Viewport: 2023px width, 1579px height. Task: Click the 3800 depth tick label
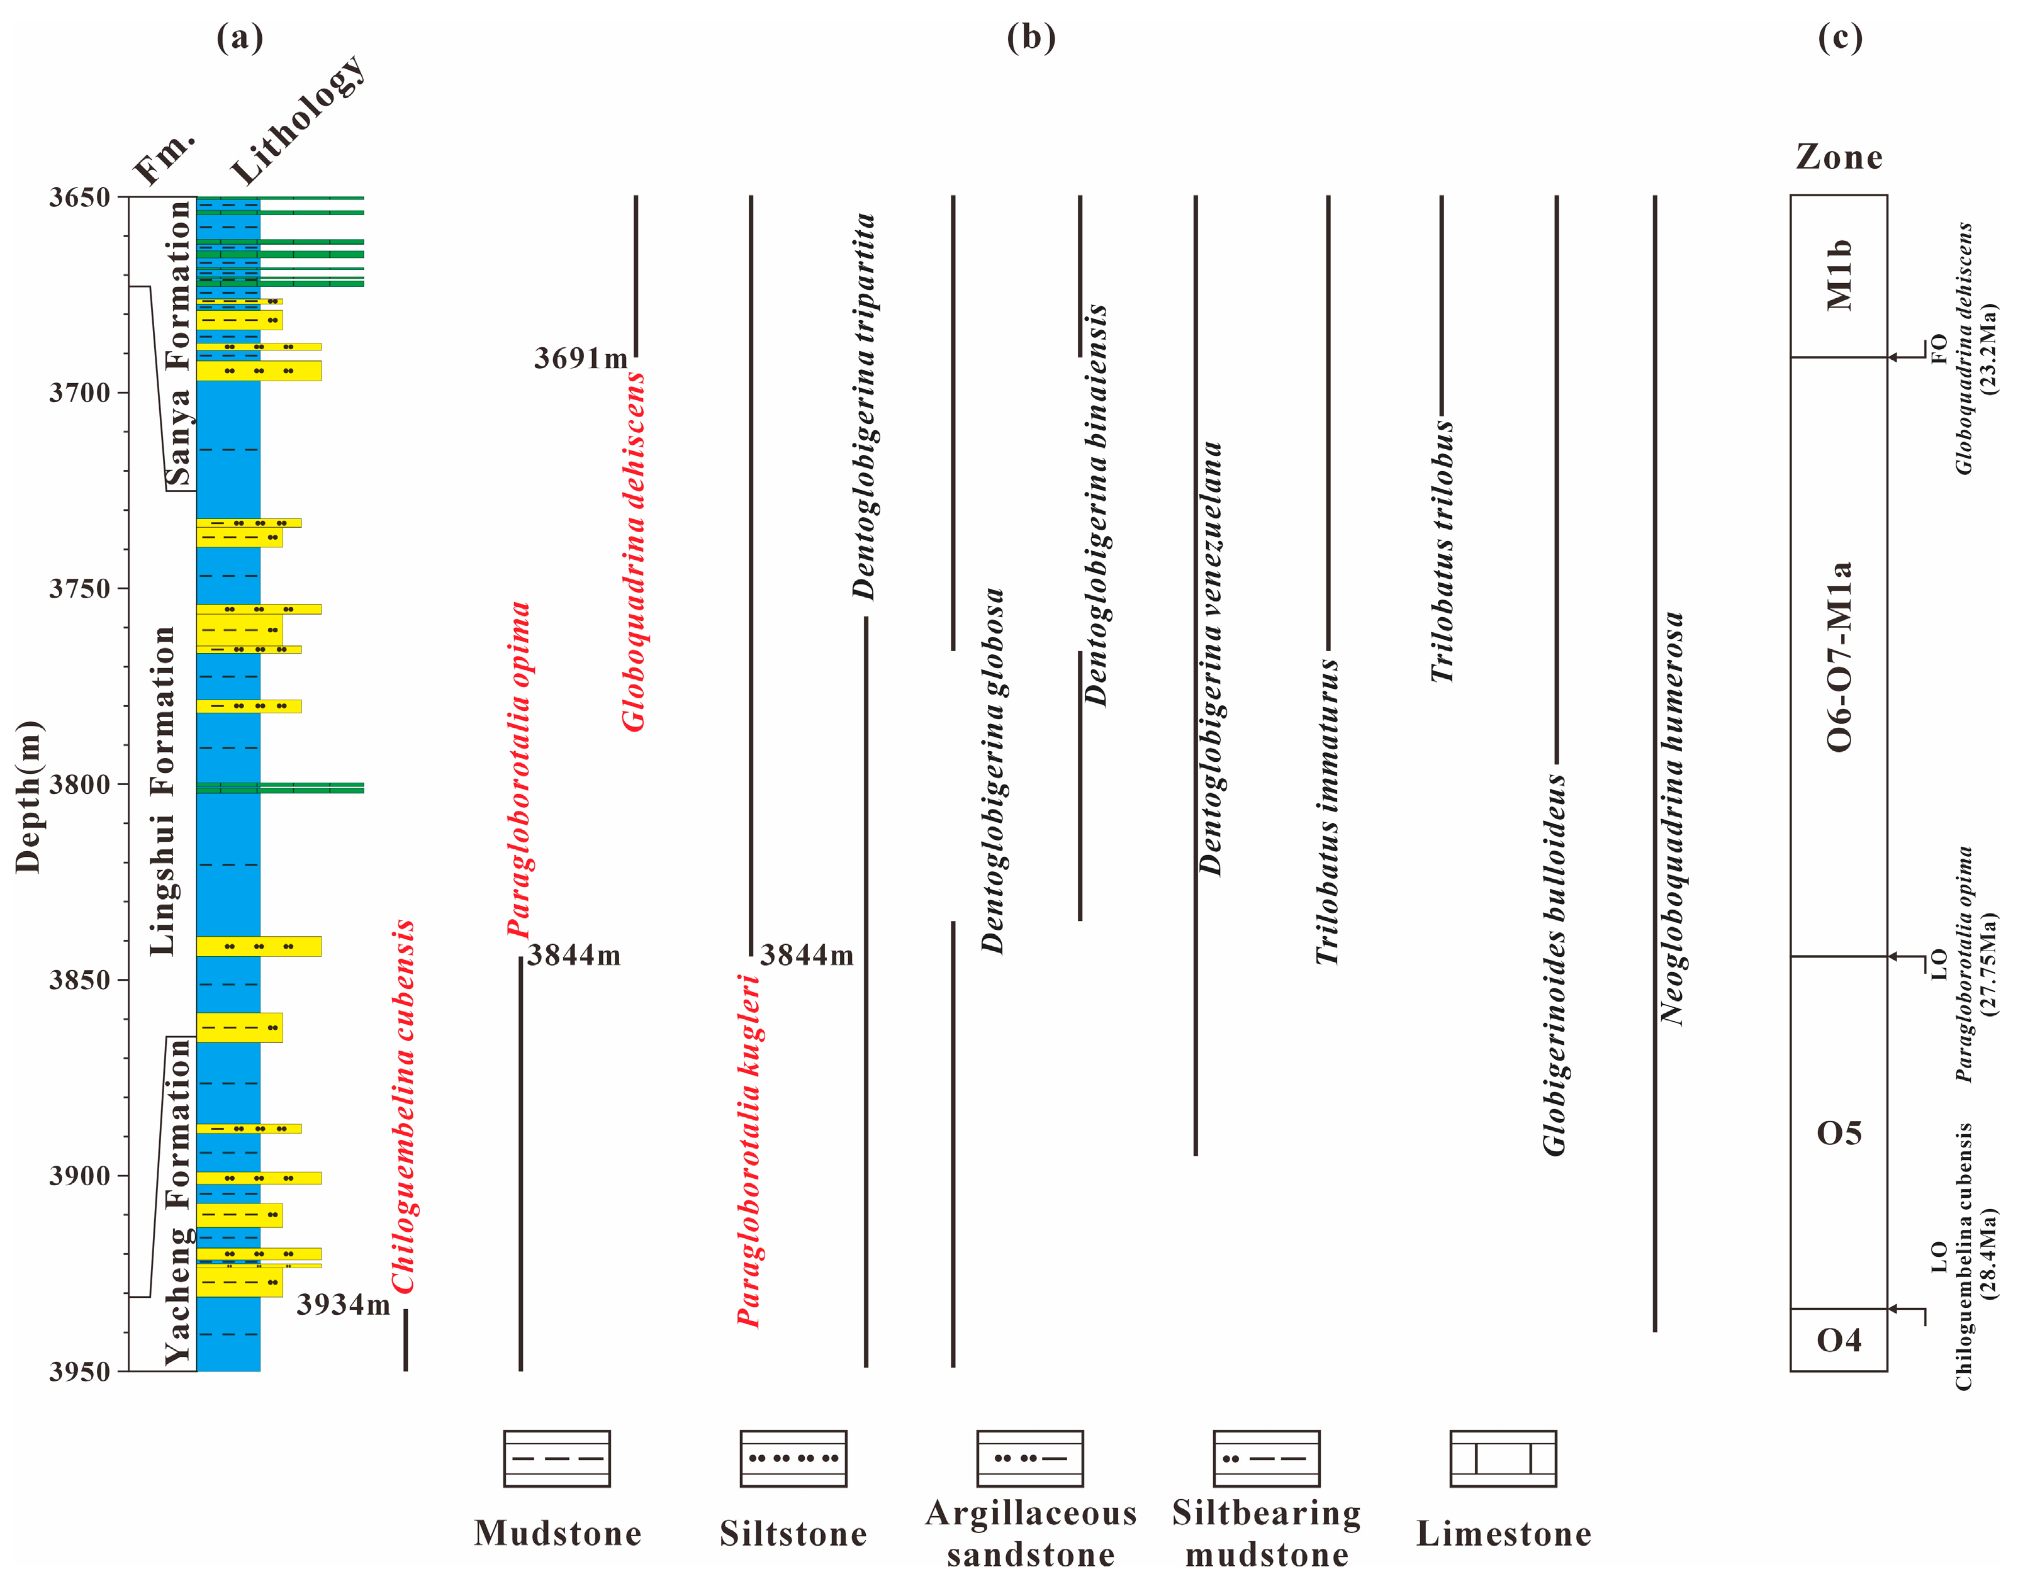[x=79, y=784]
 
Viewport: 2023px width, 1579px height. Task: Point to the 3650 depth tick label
[x=79, y=198]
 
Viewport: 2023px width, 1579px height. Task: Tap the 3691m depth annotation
[x=581, y=359]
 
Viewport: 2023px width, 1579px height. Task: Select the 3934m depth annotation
[x=344, y=1305]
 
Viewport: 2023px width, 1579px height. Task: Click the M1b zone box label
[x=1839, y=275]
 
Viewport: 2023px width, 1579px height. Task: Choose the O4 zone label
[x=1839, y=1340]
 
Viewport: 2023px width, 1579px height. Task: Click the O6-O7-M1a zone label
[x=1839, y=656]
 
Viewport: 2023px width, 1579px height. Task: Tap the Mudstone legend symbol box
[x=557, y=1459]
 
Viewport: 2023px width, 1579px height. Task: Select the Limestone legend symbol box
[x=1503, y=1459]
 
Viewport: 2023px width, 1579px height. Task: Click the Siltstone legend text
[x=794, y=1534]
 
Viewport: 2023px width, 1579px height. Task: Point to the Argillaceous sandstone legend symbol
[x=1030, y=1459]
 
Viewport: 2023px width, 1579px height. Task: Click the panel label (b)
[x=1031, y=38]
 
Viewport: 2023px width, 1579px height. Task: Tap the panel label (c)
[x=1840, y=38]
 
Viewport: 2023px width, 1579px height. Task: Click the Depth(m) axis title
[x=29, y=796]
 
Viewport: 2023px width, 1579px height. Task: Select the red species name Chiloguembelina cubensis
[x=403, y=1107]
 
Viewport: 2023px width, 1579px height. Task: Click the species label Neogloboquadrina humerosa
[x=1671, y=818]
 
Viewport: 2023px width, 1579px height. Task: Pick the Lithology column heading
[x=298, y=118]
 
